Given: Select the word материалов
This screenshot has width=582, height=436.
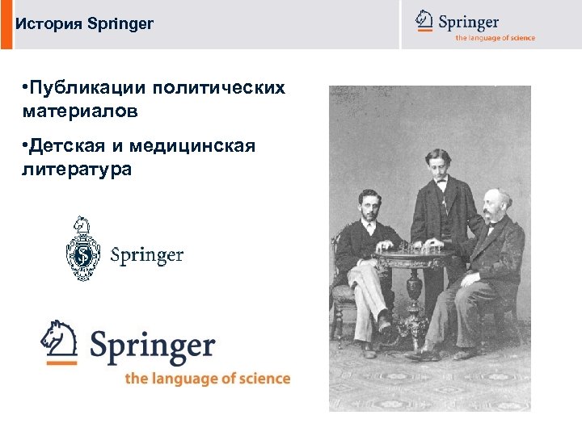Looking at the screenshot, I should pos(81,111).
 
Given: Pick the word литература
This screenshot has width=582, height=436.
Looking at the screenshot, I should pos(78,170).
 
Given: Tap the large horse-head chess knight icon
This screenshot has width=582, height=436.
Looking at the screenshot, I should pos(58,337).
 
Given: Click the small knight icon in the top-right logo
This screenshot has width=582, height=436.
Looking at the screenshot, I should pos(424,19).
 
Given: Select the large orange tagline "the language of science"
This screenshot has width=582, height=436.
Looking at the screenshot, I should pos(207,378).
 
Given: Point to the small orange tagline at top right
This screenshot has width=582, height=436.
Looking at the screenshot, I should pos(495,38).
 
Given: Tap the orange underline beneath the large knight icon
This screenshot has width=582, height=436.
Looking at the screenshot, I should pos(61,363).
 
